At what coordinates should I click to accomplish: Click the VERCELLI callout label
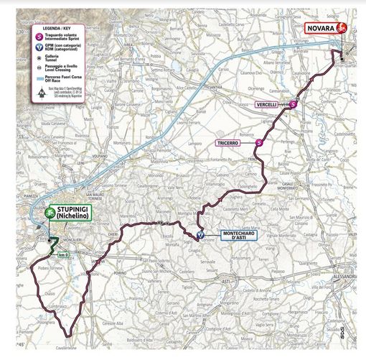point(271,105)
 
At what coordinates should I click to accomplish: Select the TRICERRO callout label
point(233,144)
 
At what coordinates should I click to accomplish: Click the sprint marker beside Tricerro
point(259,144)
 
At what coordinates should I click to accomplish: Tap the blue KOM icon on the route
point(201,234)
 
